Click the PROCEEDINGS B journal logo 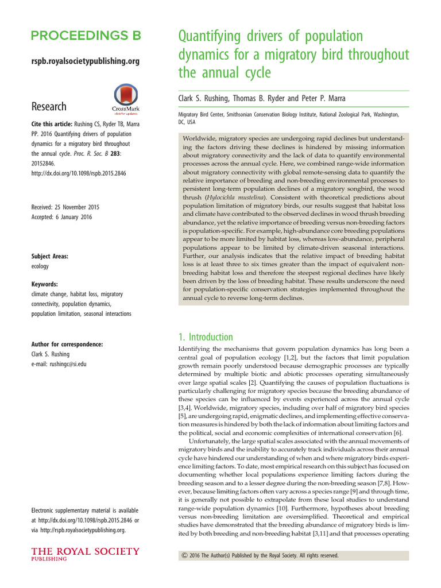pyautogui.click(x=86, y=36)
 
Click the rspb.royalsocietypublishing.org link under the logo pyautogui.click(x=85, y=60)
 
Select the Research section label pyautogui.click(x=49, y=106)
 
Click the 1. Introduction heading pyautogui.click(x=203, y=337)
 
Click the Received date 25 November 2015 pyautogui.click(x=65, y=207)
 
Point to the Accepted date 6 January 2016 pyautogui.click(x=61, y=217)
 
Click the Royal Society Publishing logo pyautogui.click(x=85, y=555)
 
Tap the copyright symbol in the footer pyautogui.click(x=184, y=556)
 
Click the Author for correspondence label pyautogui.click(x=67, y=344)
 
